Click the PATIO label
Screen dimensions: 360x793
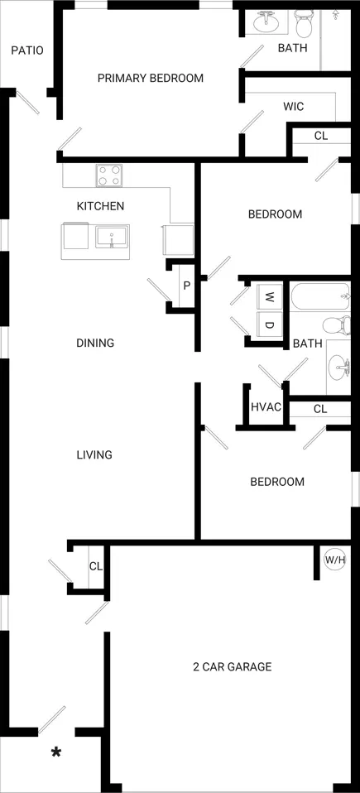[x=27, y=50]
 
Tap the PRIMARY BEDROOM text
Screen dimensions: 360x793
[x=151, y=78]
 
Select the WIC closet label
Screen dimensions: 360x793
[x=293, y=107]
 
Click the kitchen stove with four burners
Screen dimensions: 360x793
[x=110, y=175]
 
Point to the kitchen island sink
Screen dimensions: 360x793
[x=113, y=237]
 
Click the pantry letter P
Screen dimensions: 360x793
[x=186, y=286]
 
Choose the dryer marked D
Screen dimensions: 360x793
[x=270, y=324]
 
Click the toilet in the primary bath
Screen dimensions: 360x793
[x=305, y=24]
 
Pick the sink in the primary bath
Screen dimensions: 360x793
[x=266, y=22]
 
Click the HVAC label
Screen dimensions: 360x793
[x=266, y=407]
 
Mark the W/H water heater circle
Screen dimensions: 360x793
[x=334, y=560]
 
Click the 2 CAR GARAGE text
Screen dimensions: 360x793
[x=233, y=666]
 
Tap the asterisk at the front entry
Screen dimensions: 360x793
[x=56, y=752]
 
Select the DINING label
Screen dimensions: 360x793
[x=95, y=343]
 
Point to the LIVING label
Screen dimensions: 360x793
[x=94, y=454]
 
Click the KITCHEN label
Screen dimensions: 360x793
[x=100, y=206]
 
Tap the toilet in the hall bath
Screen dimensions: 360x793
[x=337, y=324]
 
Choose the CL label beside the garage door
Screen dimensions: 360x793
[x=96, y=566]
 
